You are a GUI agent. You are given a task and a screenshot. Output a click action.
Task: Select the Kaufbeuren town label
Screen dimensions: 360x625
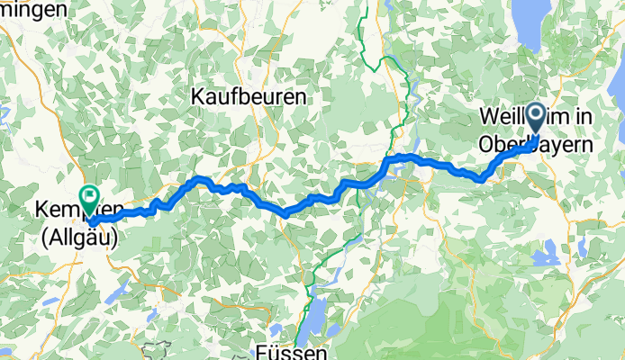click(249, 95)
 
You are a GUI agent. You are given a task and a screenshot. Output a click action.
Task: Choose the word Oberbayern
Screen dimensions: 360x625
click(536, 143)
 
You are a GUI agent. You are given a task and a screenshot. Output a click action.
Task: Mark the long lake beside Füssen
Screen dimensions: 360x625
click(316, 315)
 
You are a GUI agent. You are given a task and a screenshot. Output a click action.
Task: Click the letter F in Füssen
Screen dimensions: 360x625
click(259, 351)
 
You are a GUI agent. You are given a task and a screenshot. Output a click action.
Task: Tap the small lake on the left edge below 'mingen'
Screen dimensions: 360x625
click(3, 117)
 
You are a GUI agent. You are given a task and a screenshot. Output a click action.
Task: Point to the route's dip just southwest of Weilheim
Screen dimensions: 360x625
click(484, 178)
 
